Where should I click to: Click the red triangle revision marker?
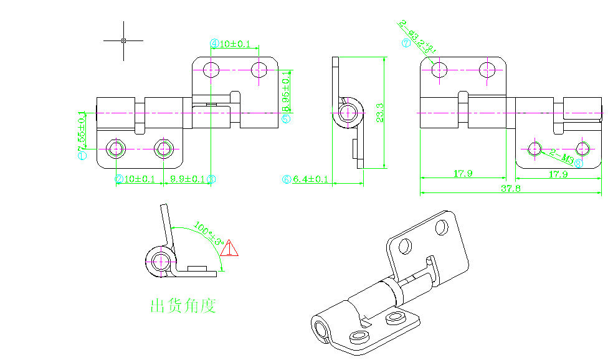(229, 249)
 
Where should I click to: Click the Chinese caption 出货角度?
(183, 306)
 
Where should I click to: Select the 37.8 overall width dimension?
(511, 188)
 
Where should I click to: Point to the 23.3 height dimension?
(379, 113)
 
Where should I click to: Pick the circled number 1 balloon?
(82, 156)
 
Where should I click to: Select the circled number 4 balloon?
(214, 44)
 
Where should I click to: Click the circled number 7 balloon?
(406, 43)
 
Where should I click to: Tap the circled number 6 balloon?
(287, 179)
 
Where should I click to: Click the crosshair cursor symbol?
(123, 40)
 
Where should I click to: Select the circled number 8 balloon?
(578, 164)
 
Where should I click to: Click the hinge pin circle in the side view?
(349, 113)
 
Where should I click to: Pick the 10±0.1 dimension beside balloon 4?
(235, 44)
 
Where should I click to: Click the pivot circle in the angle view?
(161, 260)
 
